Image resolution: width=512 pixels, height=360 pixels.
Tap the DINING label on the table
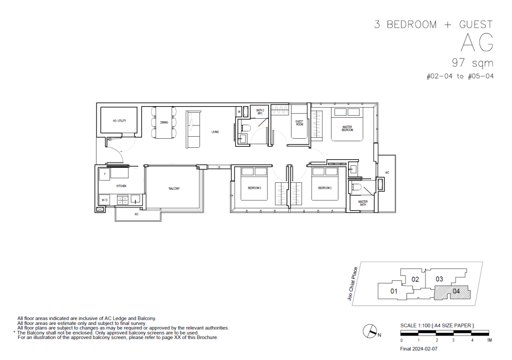click(x=164, y=122)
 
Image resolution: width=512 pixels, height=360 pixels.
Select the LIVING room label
click(x=215, y=132)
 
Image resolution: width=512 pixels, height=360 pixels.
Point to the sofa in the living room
click(x=193, y=130)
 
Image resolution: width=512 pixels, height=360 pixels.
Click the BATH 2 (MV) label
click(x=260, y=112)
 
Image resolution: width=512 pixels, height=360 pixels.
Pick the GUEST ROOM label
click(x=299, y=123)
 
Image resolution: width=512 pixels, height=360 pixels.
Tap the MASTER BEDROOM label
click(x=347, y=129)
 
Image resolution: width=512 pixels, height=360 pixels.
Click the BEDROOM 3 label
click(x=255, y=189)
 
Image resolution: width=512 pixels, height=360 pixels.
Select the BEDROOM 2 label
click(x=325, y=189)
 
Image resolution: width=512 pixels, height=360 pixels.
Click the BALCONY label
click(x=174, y=189)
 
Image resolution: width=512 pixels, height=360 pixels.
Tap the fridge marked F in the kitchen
click(x=104, y=174)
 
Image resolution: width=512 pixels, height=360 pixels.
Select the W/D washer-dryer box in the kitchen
click(x=104, y=200)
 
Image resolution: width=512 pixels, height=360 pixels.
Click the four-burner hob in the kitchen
click(x=122, y=200)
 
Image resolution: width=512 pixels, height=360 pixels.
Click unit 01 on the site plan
click(x=393, y=291)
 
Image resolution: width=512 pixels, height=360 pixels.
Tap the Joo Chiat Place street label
click(x=355, y=283)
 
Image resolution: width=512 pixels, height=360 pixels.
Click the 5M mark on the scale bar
click(x=489, y=340)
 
